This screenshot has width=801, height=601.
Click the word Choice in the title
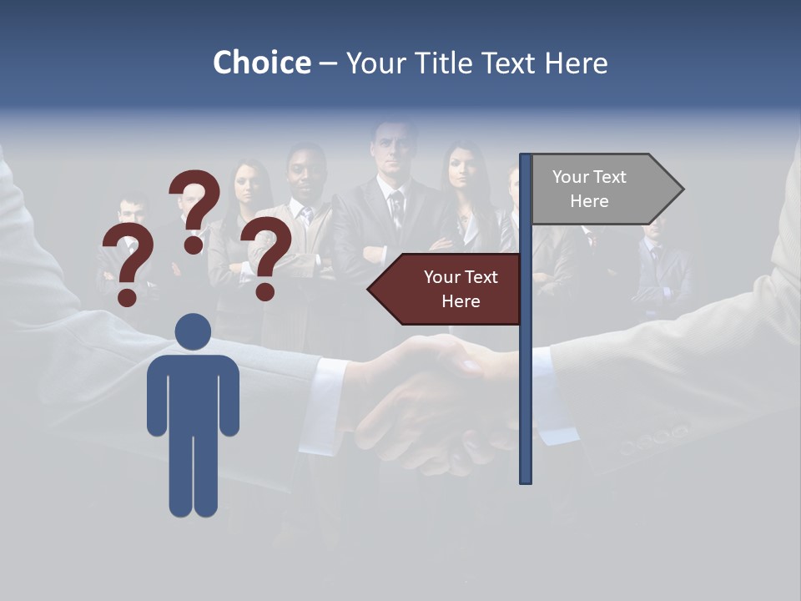(x=261, y=63)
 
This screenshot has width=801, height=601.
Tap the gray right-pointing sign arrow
(x=601, y=189)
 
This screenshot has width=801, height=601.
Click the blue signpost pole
(x=526, y=376)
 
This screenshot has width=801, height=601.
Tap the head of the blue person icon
(x=193, y=331)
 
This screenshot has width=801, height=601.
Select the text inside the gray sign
(x=589, y=189)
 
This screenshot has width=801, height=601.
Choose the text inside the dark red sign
(x=461, y=289)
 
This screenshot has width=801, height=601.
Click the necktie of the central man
(x=396, y=209)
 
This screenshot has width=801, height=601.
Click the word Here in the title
(x=576, y=63)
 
